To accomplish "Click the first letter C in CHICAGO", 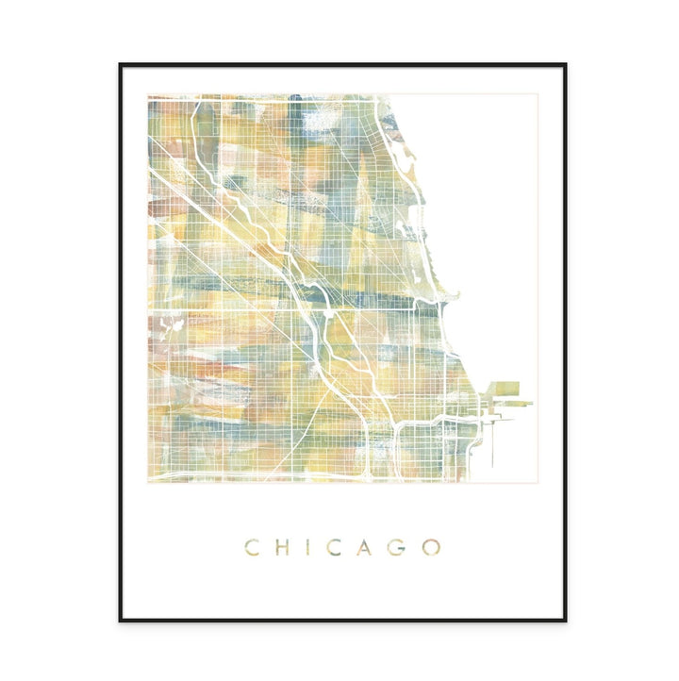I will (252, 547).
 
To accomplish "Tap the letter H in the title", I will (280, 547).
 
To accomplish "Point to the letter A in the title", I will (364, 547).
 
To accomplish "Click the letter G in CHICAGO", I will (397, 547).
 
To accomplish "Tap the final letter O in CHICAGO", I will (431, 547).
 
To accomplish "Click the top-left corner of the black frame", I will (120, 64).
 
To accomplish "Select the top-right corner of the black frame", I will (565, 64).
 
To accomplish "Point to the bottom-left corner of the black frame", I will (120, 620).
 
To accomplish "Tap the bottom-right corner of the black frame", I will (565, 620).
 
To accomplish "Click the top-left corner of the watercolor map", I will (148, 95).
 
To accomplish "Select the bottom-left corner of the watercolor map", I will (148, 482).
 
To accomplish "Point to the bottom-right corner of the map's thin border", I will (538, 483).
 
